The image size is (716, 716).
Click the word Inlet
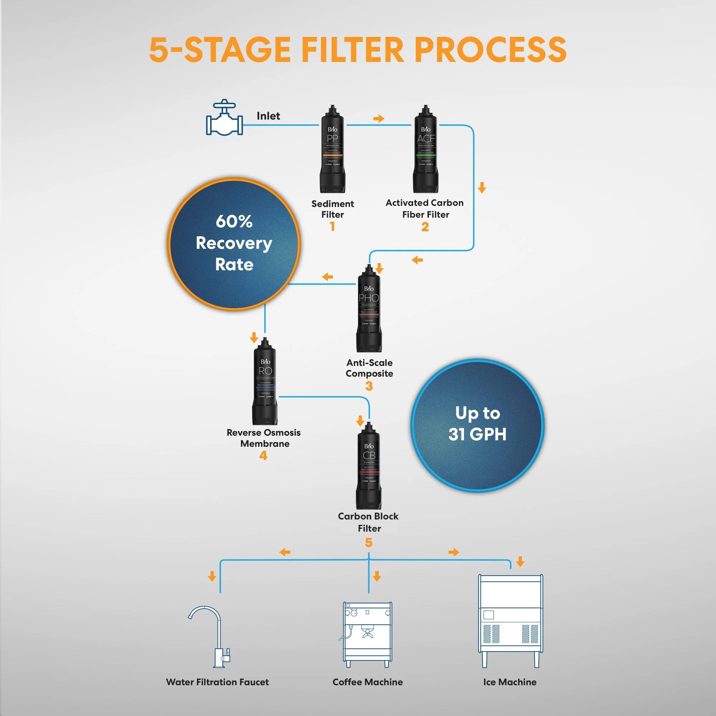(268, 116)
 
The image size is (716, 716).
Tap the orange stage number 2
(425, 227)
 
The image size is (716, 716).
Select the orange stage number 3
(369, 386)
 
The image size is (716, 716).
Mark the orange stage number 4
(263, 455)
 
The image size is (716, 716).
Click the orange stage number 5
(368, 543)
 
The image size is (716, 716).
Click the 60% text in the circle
(234, 221)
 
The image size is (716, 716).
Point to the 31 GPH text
(477, 434)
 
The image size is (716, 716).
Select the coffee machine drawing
(367, 634)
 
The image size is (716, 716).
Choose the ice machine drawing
(510, 621)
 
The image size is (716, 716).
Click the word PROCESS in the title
(490, 50)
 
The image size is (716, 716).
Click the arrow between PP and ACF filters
(378, 118)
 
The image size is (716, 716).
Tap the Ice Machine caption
(509, 682)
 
